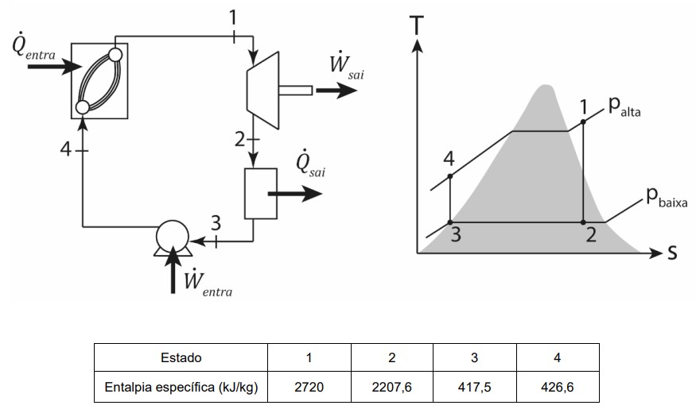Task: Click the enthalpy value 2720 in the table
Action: (309, 387)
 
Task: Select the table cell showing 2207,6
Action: (392, 387)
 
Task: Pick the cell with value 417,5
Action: (475, 387)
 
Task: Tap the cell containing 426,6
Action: (558, 387)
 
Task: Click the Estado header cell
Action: (181, 357)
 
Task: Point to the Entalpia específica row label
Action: (181, 387)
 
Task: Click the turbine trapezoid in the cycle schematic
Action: (263, 91)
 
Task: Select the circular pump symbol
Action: (173, 237)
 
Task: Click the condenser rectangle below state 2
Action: (261, 194)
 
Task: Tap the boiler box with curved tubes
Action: (99, 81)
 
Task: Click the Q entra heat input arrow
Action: (55, 67)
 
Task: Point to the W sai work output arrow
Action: (336, 91)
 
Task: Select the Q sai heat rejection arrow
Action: (295, 194)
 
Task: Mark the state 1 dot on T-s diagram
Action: (583, 122)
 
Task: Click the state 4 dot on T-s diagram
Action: (450, 176)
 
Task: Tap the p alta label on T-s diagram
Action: (624, 106)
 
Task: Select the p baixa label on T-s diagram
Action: (667, 197)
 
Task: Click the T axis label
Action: (418, 25)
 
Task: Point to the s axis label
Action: (672, 253)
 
